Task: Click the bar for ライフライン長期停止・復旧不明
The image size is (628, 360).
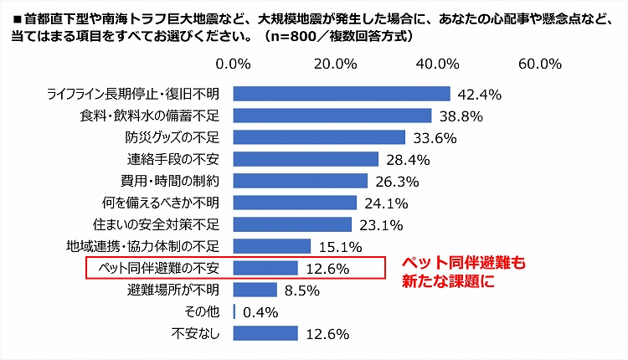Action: pos(342,94)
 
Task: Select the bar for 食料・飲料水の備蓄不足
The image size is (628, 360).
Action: pos(332,116)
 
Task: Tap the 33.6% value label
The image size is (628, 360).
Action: pos(432,137)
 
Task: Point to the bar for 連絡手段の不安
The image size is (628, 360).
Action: pos(306,159)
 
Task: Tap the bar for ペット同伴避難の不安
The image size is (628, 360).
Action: pos(265,268)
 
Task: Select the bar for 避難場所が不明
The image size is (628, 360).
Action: pos(255,290)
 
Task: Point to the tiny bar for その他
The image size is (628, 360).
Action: pos(234,311)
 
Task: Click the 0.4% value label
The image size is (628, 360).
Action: pos(260,312)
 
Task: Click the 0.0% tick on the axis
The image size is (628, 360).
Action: pos(234,64)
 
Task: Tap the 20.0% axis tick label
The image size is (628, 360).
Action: pos(336,64)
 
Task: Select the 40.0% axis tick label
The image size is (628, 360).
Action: pos(438,64)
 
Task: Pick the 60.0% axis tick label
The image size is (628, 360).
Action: pos(540,64)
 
